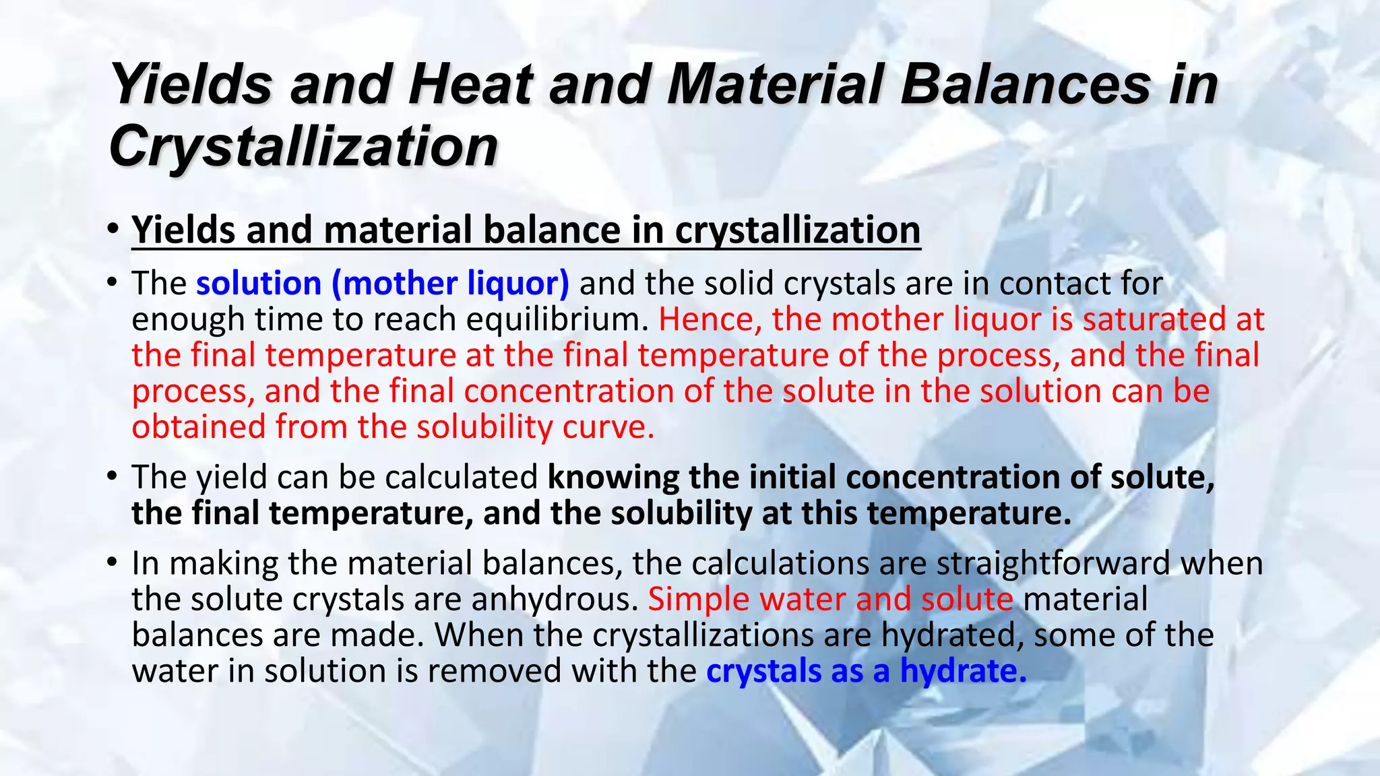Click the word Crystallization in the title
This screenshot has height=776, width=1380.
pyautogui.click(x=303, y=146)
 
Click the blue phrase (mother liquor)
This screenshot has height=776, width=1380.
pyautogui.click(x=450, y=283)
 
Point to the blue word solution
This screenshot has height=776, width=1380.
pyautogui.click(x=259, y=283)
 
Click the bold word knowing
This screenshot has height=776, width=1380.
pyautogui.click(x=613, y=478)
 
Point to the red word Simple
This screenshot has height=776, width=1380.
pyautogui.click(x=698, y=600)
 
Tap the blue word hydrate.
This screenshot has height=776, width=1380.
pyautogui.click(x=963, y=672)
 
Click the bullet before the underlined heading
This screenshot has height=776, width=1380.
pyautogui.click(x=113, y=230)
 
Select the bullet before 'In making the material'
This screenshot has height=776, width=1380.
pyautogui.click(x=113, y=563)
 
